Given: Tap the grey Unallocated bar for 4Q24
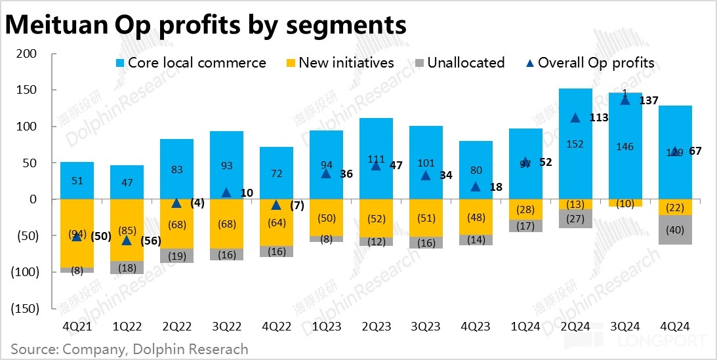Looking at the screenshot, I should (x=675, y=230).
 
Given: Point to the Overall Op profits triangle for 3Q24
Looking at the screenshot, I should (x=625, y=99).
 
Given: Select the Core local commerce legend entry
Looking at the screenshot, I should (x=190, y=63).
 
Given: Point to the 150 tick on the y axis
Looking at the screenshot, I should (x=26, y=90).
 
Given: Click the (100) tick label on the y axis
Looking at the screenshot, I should (x=24, y=271).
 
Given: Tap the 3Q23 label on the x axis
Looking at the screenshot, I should (x=426, y=325).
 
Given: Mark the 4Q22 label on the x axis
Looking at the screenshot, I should (x=276, y=325).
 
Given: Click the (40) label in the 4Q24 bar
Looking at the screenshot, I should (x=675, y=230).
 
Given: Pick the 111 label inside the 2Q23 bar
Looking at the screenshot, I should (x=376, y=159).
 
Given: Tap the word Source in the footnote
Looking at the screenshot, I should (x=32, y=349).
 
